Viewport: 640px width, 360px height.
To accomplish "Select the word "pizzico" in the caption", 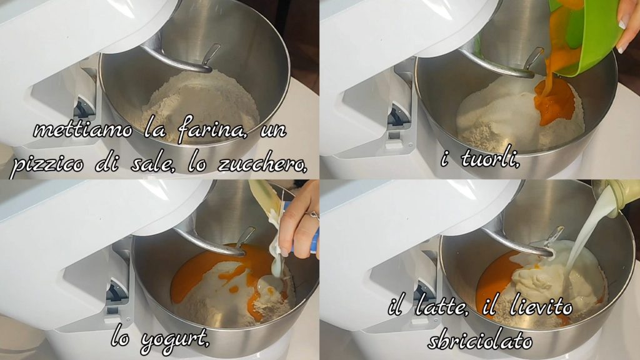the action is click(46, 165).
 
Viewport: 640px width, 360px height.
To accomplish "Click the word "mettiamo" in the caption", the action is click(83, 130).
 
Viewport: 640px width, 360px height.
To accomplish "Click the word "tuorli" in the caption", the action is click(490, 159).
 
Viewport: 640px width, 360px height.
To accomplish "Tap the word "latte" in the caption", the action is click(441, 306).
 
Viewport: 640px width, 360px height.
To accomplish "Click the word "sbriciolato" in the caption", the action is click(480, 341).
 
